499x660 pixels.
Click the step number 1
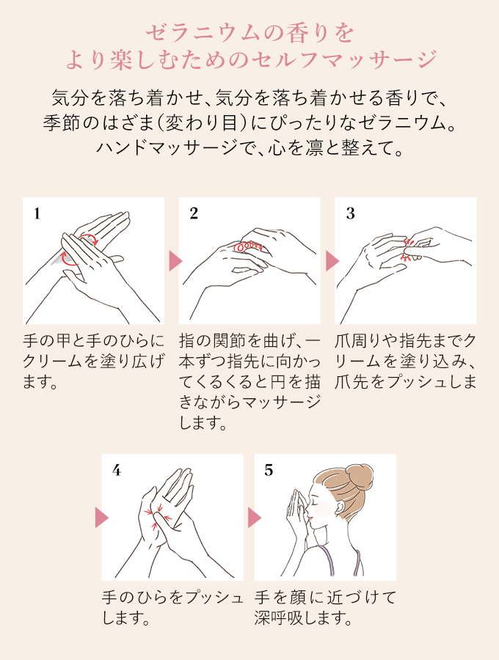click(x=37, y=214)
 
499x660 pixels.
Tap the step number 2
click(x=194, y=213)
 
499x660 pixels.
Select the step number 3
click(x=350, y=214)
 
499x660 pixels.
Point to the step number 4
click(x=117, y=470)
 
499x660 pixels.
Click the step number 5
click(x=269, y=470)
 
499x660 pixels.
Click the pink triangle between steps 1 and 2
click(x=175, y=261)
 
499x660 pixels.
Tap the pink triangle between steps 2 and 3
click(x=332, y=261)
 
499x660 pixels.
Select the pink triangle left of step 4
click(x=102, y=517)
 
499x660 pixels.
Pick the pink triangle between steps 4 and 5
click(x=255, y=517)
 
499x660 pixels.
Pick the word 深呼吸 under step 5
click(x=275, y=618)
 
